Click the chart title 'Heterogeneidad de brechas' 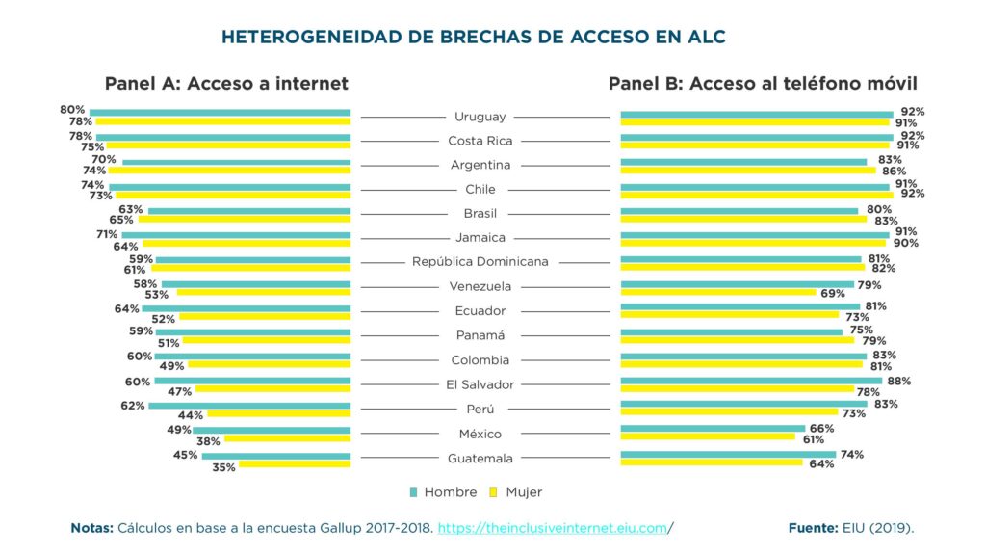point(473,38)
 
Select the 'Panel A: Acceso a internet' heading point(226,84)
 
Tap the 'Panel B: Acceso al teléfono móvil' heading point(762,84)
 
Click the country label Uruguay point(480,117)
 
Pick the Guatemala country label point(480,459)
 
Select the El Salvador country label point(480,384)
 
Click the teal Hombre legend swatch point(414,492)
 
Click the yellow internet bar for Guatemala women point(295,464)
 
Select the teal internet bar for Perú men point(249,406)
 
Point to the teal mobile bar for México point(713,428)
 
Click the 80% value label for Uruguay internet point(72,110)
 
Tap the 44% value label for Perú point(189,415)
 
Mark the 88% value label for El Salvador point(899,381)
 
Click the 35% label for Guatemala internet point(223,466)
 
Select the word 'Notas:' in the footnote point(91,528)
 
